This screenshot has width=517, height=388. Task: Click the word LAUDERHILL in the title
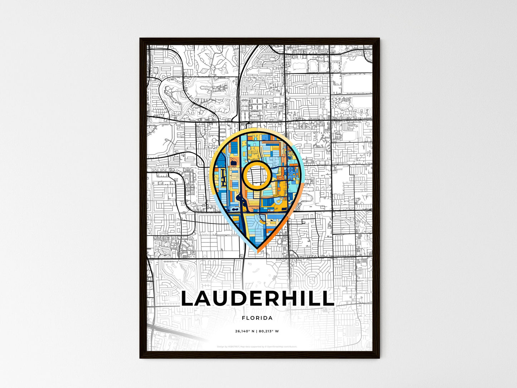click(257, 299)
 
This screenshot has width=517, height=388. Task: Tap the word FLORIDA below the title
click(257, 318)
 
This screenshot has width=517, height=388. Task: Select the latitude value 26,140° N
click(244, 331)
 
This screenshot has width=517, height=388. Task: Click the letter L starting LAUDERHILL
click(188, 299)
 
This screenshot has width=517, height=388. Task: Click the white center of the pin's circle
click(256, 175)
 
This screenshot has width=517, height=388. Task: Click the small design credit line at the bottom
click(257, 346)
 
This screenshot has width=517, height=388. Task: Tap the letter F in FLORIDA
click(243, 318)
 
